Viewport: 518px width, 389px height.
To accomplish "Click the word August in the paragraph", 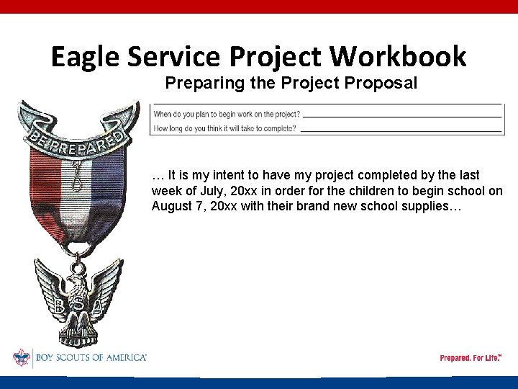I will point(173,207).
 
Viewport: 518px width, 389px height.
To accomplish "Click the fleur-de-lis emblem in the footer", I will point(22,357).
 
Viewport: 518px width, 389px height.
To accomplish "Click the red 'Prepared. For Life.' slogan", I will point(470,358).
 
